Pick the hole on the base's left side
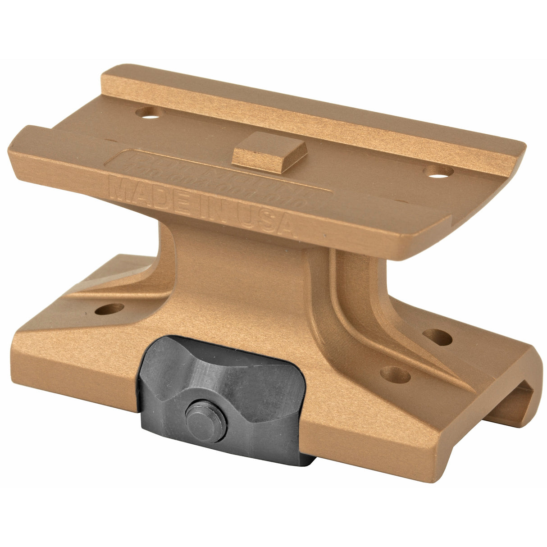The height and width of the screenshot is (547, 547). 109,310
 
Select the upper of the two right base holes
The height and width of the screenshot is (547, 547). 438,337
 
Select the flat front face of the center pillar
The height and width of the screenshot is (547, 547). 252,279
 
